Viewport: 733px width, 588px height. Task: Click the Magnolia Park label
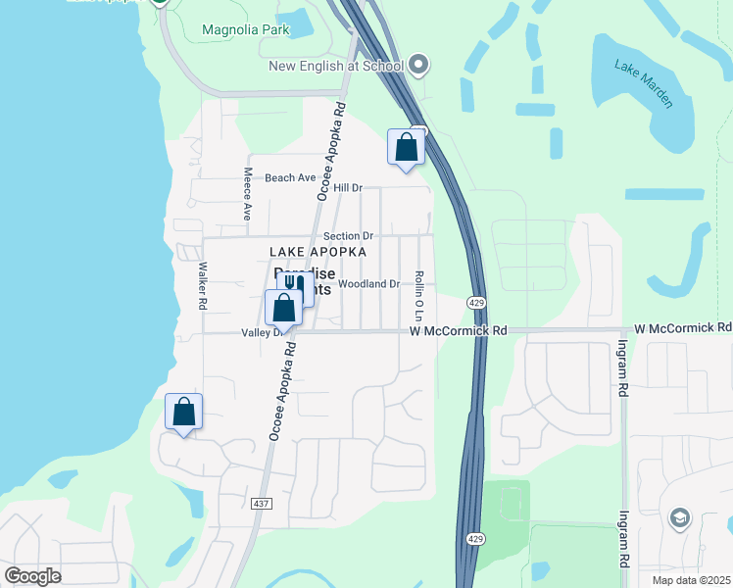tap(246, 29)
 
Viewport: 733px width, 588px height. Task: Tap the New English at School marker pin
tap(419, 66)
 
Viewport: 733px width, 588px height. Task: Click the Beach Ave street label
tap(290, 178)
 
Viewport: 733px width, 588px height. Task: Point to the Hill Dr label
tap(348, 187)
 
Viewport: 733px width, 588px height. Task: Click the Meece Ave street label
tap(248, 192)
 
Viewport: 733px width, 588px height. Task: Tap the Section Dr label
tap(349, 236)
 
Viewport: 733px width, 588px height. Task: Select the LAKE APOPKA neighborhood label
tap(318, 252)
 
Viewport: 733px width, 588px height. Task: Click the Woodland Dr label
tap(369, 284)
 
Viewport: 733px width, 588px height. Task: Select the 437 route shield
tap(261, 503)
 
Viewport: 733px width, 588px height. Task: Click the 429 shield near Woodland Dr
tap(476, 302)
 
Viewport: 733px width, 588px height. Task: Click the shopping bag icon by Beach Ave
tap(406, 148)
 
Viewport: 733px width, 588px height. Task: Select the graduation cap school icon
tap(679, 517)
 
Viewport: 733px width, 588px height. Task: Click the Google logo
tap(32, 576)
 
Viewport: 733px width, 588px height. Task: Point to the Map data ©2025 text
tap(687, 580)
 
